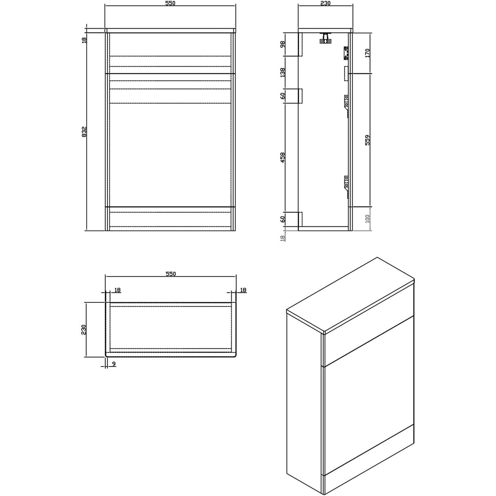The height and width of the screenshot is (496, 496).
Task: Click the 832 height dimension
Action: click(84, 131)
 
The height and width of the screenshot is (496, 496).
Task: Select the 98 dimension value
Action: click(282, 44)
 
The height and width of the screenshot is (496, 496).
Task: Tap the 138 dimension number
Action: click(282, 73)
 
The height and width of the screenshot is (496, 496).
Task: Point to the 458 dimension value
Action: click(282, 157)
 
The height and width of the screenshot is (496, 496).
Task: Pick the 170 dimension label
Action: click(367, 53)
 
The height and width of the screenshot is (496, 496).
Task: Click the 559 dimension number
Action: click(367, 140)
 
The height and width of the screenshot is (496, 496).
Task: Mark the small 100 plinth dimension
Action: click(367, 219)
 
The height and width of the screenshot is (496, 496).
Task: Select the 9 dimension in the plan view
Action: click(114, 364)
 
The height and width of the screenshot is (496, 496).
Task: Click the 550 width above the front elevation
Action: click(170, 3)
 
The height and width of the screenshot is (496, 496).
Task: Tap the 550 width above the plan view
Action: click(170, 274)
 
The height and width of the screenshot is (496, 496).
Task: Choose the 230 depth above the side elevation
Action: click(325, 3)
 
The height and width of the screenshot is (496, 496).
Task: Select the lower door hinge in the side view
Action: click(346, 182)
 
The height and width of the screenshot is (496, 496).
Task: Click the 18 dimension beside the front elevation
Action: click(84, 40)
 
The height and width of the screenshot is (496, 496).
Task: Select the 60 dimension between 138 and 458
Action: click(282, 96)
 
